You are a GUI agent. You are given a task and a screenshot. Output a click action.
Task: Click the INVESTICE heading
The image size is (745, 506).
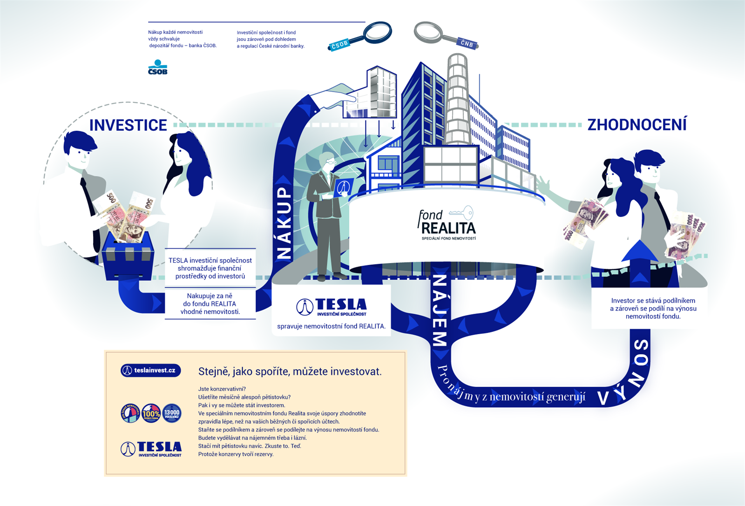128,125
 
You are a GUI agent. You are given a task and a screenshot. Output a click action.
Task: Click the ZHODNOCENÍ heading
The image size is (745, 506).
637,125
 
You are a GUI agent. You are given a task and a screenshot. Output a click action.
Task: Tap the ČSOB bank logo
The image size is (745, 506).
157,67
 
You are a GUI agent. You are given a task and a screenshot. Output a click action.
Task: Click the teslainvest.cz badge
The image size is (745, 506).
150,371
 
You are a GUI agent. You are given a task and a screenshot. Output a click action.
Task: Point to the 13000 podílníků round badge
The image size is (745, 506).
172,413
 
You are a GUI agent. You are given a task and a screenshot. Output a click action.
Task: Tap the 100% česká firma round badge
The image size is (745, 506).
151,413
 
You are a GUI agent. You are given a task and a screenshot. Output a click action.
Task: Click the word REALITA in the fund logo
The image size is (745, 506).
448,229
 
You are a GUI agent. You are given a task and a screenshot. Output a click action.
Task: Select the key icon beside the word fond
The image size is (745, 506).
461,213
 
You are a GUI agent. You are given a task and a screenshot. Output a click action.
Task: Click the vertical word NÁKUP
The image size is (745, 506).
284,223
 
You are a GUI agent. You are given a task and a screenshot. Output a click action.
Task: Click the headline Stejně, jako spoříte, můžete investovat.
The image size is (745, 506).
290,371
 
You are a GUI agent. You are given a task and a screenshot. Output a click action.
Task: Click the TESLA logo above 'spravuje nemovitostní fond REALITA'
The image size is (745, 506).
332,307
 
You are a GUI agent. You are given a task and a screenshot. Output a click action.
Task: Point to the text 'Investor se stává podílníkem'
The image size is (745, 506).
653,301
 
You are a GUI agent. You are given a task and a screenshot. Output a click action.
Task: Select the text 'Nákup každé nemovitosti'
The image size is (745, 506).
175,32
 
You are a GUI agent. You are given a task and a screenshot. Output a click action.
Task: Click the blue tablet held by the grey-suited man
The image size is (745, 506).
343,188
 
